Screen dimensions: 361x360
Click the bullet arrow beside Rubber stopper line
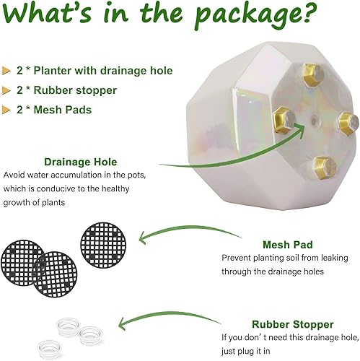point(9,90)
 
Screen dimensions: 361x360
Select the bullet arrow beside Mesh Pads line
point(9,110)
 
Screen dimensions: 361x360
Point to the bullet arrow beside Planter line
point(9,71)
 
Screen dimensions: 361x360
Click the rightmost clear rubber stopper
point(91,334)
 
